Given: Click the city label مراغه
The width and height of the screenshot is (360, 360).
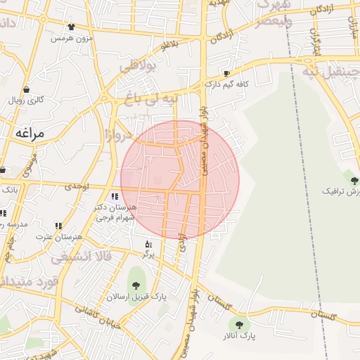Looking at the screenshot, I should [x=28, y=133].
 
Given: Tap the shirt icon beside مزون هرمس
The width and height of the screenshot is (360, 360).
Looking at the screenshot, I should [x=71, y=27].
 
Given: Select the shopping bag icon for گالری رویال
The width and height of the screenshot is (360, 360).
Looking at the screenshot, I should [x=27, y=90].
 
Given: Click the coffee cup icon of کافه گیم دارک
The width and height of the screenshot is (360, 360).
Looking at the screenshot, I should [x=226, y=73].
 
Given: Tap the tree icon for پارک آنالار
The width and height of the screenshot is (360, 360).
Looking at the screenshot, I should [x=239, y=325].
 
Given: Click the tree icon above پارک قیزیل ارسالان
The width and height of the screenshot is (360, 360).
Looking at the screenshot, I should [x=135, y=285].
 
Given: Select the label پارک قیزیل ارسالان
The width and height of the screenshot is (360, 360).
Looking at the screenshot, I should [x=136, y=297].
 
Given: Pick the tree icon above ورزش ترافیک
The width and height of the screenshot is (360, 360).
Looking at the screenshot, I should [x=354, y=181].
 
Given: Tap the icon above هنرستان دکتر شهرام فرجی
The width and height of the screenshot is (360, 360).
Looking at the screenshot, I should [x=115, y=196].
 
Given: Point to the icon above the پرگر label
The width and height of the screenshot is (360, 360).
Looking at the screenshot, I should [x=148, y=243].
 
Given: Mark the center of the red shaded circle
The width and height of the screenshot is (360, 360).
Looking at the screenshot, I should [x=180, y=179].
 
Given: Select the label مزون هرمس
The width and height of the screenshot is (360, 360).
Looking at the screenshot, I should [x=72, y=37].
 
